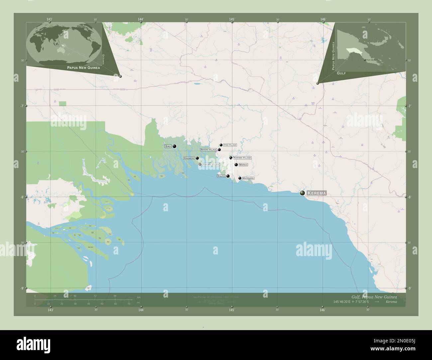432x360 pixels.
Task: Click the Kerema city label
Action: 317,193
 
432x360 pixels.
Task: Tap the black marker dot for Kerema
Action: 302,193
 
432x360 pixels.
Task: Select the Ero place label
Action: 167,146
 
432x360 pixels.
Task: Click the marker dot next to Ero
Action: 174,146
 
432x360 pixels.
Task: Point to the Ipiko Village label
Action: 230,145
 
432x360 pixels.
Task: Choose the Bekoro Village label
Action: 208,150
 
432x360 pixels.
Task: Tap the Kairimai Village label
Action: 242,158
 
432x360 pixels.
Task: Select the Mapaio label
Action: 243,165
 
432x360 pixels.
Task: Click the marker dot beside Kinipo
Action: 228,176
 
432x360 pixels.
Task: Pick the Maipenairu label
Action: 248,178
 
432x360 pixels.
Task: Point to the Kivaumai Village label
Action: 211,164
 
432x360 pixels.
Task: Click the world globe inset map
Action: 65,44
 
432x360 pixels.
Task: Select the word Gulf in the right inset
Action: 341,72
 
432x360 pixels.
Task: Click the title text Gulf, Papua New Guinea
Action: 374,296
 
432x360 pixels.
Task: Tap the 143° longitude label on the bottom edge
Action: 50,310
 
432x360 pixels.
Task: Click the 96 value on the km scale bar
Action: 115,296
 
